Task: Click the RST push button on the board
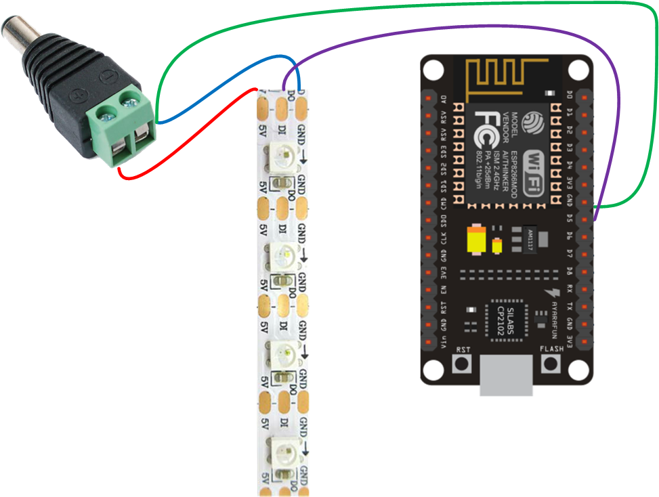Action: pyautogui.click(x=463, y=364)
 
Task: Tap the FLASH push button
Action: pyautogui.click(x=551, y=364)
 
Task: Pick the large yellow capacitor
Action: pyautogui.click(x=476, y=240)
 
